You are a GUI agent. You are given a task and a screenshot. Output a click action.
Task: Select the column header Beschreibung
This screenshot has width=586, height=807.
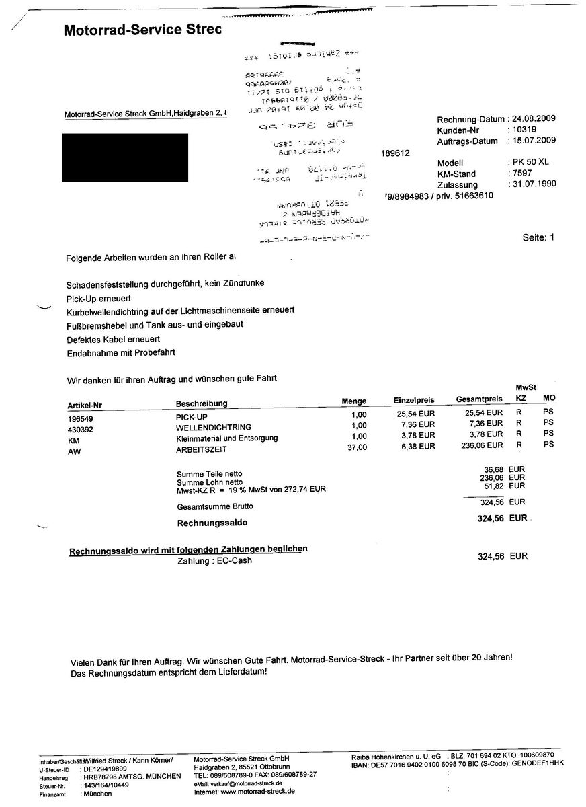(202, 403)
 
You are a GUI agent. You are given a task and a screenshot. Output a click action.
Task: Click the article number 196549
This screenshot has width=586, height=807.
(81, 418)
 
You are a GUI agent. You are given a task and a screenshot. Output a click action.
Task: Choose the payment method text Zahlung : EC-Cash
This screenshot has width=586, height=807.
(214, 560)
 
